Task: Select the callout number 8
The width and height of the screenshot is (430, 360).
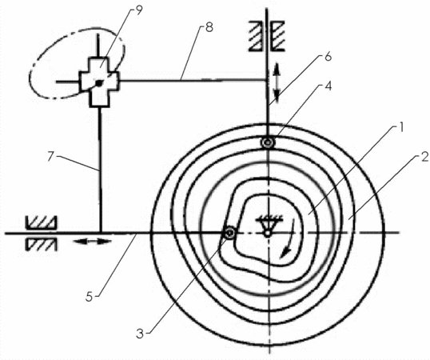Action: (x=209, y=27)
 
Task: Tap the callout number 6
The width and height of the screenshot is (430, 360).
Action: (x=328, y=57)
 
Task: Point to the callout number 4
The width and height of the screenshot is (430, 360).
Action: (x=328, y=86)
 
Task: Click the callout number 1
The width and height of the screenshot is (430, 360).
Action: (x=401, y=127)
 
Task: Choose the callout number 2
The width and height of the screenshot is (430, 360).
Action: (x=424, y=158)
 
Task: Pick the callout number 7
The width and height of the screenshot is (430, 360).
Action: (x=50, y=157)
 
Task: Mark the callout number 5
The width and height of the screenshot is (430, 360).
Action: (x=90, y=296)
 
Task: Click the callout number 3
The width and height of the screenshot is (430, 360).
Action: (x=140, y=334)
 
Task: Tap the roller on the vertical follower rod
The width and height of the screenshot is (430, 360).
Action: (x=268, y=142)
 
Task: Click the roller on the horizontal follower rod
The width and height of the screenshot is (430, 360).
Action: (x=229, y=234)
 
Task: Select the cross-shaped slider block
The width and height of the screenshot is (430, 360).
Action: (x=99, y=82)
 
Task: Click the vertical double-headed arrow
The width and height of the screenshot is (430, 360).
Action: (x=277, y=82)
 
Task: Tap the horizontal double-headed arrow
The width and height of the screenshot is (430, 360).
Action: (x=93, y=242)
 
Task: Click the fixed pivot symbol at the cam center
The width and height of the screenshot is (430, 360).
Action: (x=268, y=226)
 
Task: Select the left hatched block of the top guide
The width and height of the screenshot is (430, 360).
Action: (x=256, y=36)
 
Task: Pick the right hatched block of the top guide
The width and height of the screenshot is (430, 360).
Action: (x=278, y=36)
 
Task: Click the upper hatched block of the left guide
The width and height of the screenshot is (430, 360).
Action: (x=41, y=222)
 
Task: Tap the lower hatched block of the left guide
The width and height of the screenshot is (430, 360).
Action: (x=41, y=244)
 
